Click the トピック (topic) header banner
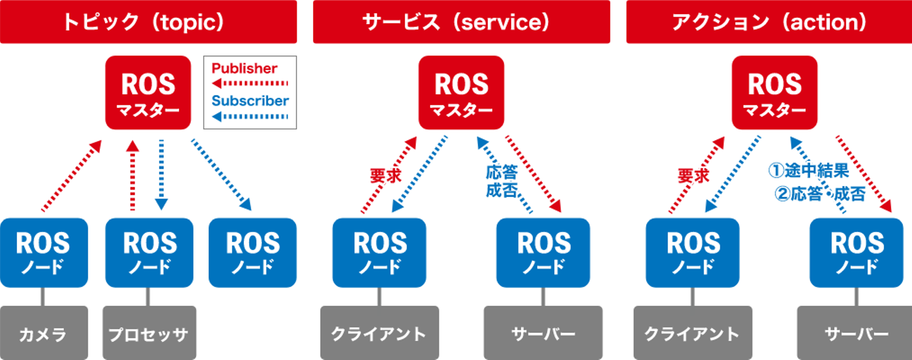tap(148, 22)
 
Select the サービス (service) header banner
tap(461, 22)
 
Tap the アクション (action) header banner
tap(769, 22)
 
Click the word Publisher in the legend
tap(245, 68)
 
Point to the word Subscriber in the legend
tap(250, 100)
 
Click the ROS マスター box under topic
tap(148, 93)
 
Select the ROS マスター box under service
tap(461, 93)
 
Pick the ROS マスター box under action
tap(774, 93)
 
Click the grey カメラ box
tap(44, 333)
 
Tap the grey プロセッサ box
tap(149, 333)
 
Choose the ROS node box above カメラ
tap(44, 253)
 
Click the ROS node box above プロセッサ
tap(149, 253)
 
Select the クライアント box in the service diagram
tap(379, 333)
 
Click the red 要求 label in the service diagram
tap(386, 176)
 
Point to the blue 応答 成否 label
tap(502, 181)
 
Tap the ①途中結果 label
tap(808, 170)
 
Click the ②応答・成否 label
tap(820, 194)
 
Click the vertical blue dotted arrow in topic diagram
tap(161, 174)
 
